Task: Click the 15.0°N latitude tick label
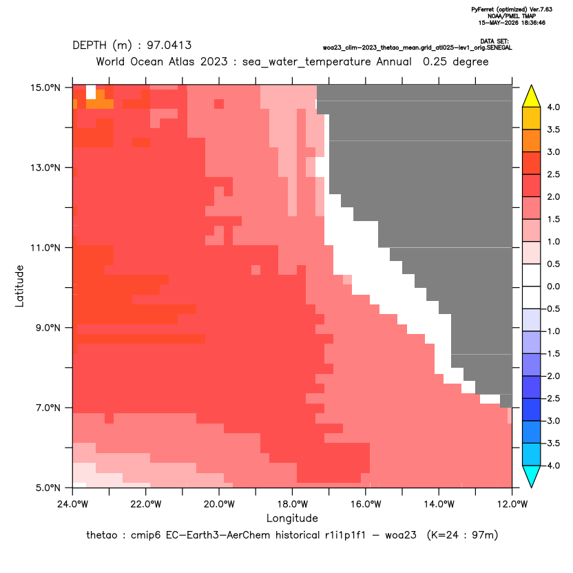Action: pyautogui.click(x=45, y=87)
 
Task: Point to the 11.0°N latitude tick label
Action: pyautogui.click(x=45, y=248)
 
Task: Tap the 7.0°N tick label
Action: pyautogui.click(x=48, y=408)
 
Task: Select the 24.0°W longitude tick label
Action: pyautogui.click(x=73, y=504)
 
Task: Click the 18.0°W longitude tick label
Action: pyautogui.click(x=292, y=504)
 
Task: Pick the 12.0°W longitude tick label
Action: pyautogui.click(x=512, y=504)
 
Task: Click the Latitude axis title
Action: pyautogui.click(x=19, y=286)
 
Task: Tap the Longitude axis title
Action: pyautogui.click(x=292, y=519)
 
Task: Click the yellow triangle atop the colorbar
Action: pyautogui.click(x=532, y=96)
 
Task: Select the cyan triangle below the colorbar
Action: pyautogui.click(x=532, y=476)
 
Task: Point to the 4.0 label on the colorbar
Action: pyautogui.click(x=554, y=107)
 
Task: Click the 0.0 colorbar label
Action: pyautogui.click(x=554, y=286)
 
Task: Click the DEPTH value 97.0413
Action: pyautogui.click(x=169, y=45)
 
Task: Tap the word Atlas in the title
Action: pyautogui.click(x=182, y=61)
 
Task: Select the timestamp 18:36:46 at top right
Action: pyautogui.click(x=530, y=23)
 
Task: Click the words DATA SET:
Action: pyautogui.click(x=494, y=41)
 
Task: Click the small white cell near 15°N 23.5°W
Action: pyautogui.click(x=91, y=92)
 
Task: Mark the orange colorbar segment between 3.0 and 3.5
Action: pyautogui.click(x=532, y=140)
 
